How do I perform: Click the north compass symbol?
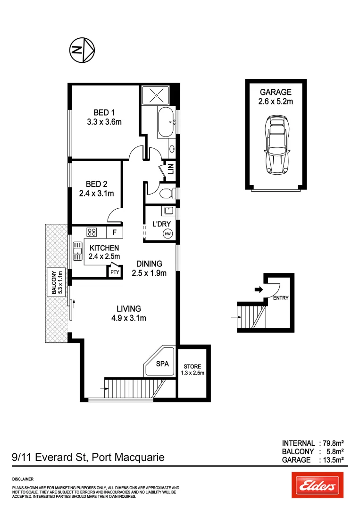pos(82,50)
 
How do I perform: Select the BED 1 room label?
pos(104,112)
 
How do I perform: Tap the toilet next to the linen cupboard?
pos(166,193)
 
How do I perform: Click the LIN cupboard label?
pos(170,169)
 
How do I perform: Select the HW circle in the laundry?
pos(167,233)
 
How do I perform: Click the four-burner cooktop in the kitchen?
pos(92,232)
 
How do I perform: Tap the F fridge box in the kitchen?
pos(114,232)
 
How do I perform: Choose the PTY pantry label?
pos(114,272)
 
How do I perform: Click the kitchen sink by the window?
pos(77,255)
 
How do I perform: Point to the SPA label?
pos(163,364)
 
